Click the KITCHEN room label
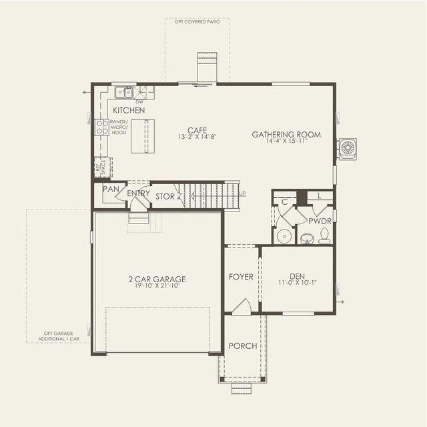129,110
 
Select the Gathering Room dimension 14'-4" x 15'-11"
286,141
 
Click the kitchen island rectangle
142,136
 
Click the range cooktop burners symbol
101,127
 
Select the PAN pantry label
110,189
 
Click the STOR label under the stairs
165,197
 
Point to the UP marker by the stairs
242,193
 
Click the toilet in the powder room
325,235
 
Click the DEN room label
297,276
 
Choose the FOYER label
241,277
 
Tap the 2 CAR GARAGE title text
157,279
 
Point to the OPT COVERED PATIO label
197,21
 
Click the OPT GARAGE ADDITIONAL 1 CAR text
59,336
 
